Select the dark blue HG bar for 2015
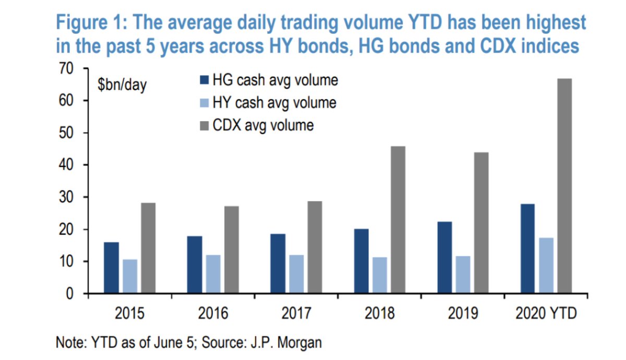(112, 268)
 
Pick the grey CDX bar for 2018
(398, 220)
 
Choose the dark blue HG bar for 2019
(445, 257)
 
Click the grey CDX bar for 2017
(315, 247)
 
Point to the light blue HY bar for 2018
(379, 275)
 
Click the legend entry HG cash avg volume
(275, 80)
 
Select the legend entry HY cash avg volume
(274, 103)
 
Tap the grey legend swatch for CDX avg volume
(203, 125)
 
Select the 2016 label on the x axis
(213, 314)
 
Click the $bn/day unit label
(123, 85)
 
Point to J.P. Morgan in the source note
(293, 343)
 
